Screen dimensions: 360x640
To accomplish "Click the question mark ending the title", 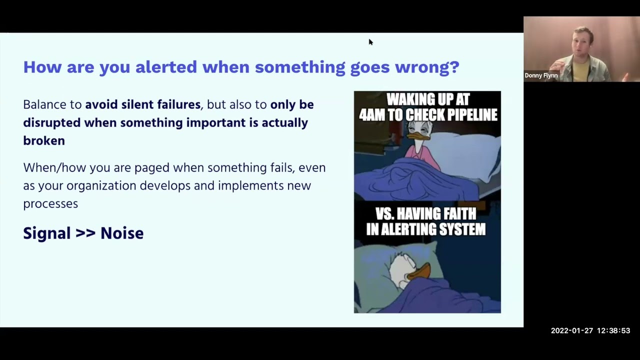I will click(454, 66).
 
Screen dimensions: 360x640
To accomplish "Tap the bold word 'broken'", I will click(44, 140).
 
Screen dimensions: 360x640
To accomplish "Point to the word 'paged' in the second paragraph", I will click(152, 168).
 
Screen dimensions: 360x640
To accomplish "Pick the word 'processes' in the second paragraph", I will click(50, 203).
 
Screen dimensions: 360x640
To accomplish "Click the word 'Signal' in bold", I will click(47, 233).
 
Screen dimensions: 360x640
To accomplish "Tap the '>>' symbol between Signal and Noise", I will click(85, 233).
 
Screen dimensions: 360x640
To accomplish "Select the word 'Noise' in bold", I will click(122, 233).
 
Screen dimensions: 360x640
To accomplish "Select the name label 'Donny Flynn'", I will click(541, 75).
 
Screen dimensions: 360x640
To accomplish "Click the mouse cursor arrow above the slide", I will click(370, 42).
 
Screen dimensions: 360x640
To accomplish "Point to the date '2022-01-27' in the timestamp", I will click(570, 330).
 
